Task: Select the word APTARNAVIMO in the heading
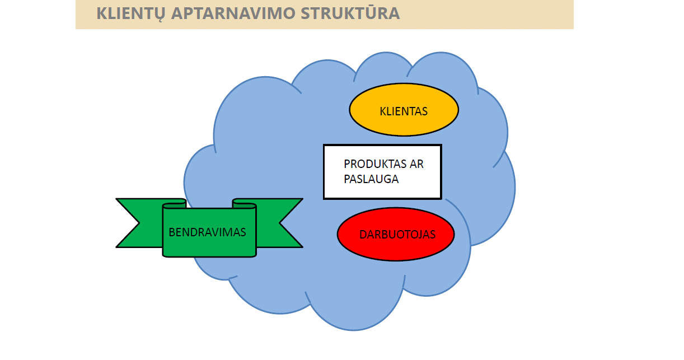(233, 13)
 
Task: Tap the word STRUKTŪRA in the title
(350, 12)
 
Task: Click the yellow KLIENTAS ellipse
(404, 110)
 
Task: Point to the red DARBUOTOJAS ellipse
(396, 234)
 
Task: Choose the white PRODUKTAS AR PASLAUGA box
(382, 172)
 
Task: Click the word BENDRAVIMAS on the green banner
(207, 232)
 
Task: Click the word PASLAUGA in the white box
(371, 179)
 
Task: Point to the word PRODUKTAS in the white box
(375, 164)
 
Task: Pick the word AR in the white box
(416, 164)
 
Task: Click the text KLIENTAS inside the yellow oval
(404, 111)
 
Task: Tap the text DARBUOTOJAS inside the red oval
(397, 235)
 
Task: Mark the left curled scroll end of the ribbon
(175, 204)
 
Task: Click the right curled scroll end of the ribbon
(244, 204)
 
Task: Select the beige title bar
(325, 15)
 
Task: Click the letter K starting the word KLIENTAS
(383, 111)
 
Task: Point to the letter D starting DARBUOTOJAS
(363, 235)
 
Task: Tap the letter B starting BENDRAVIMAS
(172, 232)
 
